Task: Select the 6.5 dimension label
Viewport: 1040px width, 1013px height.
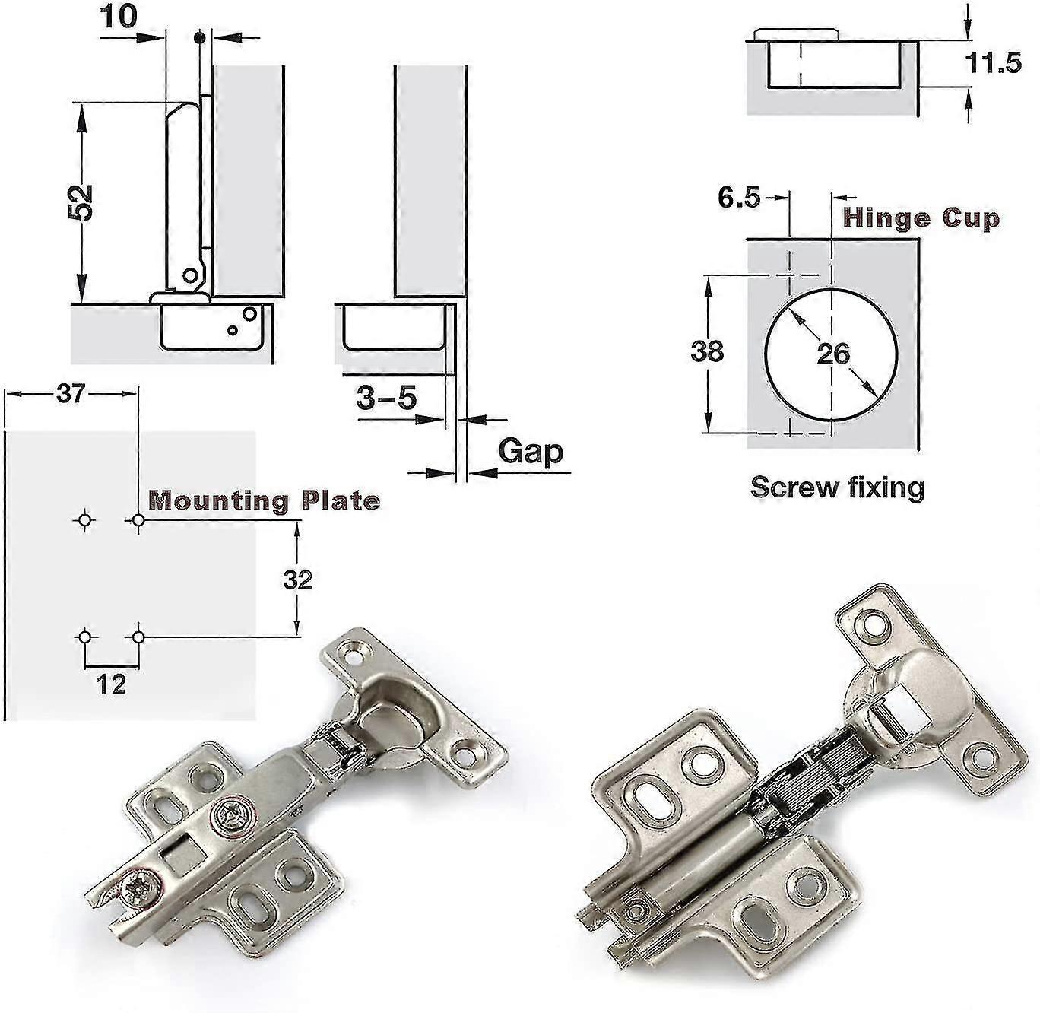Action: (738, 198)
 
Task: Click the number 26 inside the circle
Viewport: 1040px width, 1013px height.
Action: (832, 354)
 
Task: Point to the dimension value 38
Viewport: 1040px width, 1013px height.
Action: (707, 352)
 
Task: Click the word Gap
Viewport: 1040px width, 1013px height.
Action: (531, 451)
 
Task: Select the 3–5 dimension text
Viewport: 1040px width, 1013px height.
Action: (386, 397)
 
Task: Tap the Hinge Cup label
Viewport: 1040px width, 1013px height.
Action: (921, 218)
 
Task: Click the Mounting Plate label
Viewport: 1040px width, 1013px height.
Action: (263, 500)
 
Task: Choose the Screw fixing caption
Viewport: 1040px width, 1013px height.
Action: (837, 487)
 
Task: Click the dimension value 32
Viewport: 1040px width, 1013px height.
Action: (297, 580)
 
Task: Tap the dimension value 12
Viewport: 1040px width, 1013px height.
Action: (111, 684)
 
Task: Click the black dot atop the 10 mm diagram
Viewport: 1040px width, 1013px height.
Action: (199, 37)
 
